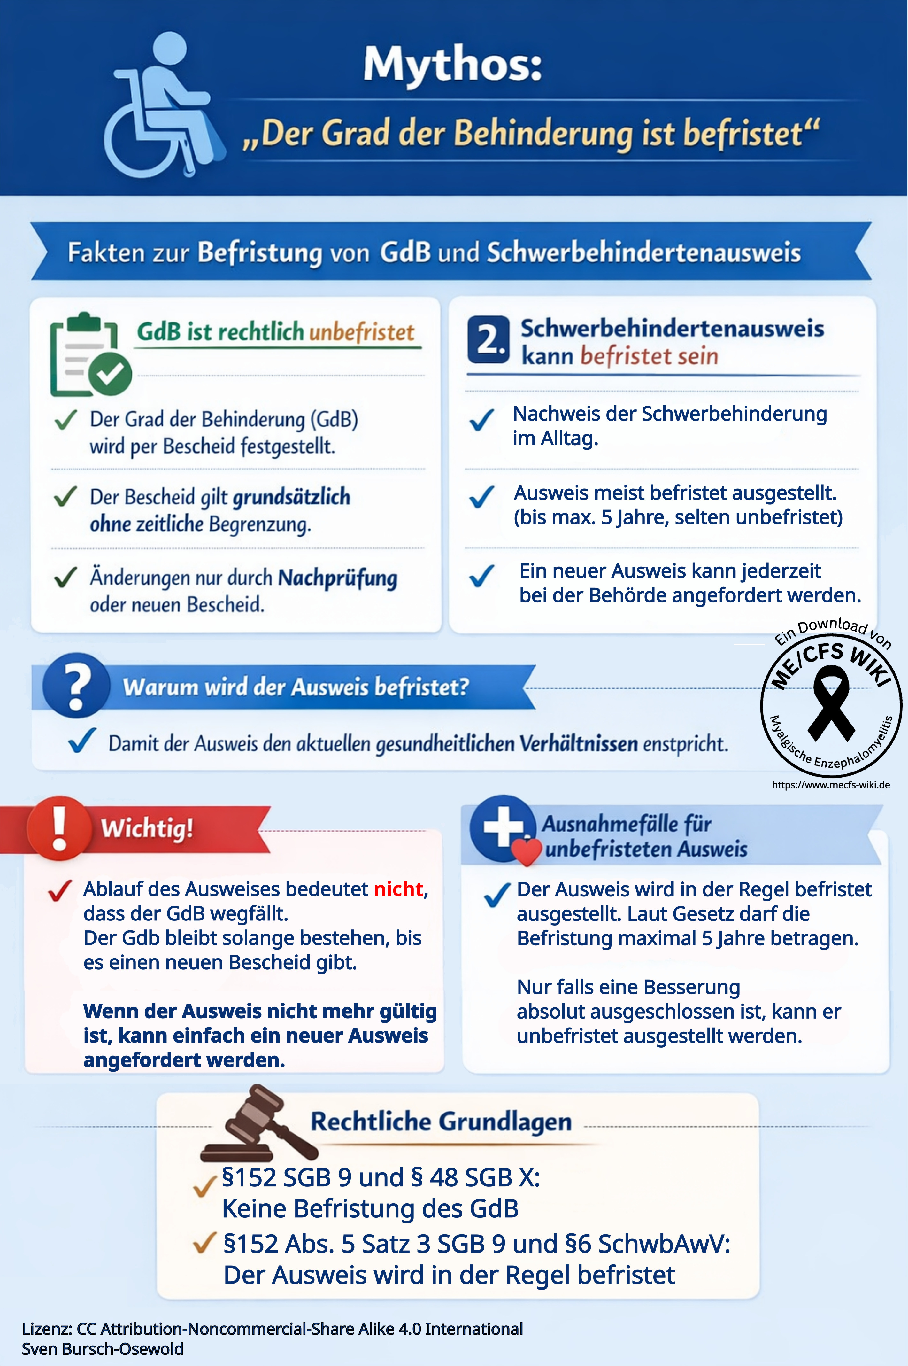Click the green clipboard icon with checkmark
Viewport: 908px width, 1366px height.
tap(90, 354)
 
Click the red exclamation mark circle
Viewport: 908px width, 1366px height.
tap(59, 827)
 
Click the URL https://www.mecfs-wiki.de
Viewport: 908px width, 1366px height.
tap(830, 785)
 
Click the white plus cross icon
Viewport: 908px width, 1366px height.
tap(502, 827)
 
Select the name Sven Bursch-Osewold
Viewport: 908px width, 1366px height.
tap(103, 1349)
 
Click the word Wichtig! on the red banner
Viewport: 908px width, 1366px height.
tap(147, 828)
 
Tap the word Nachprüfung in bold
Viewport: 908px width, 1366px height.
tap(338, 578)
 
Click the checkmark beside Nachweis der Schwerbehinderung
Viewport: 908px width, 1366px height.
tap(481, 420)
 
